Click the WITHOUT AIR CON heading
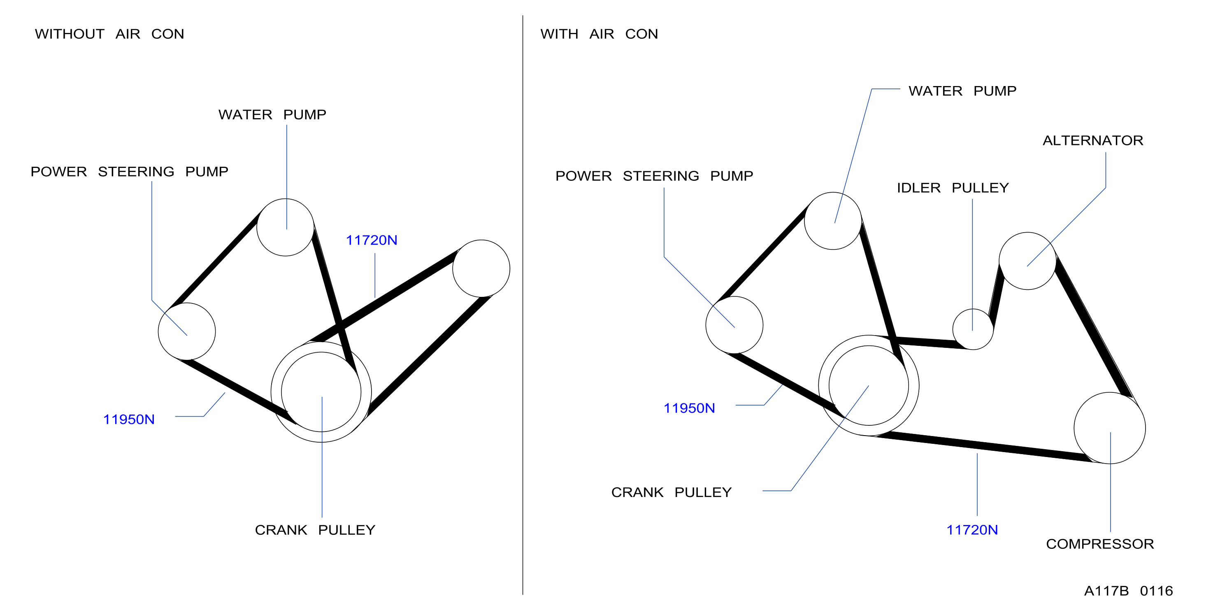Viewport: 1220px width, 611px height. pyautogui.click(x=109, y=34)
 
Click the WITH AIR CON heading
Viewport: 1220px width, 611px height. pyautogui.click(x=599, y=34)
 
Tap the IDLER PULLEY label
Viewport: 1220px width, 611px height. pyautogui.click(x=953, y=188)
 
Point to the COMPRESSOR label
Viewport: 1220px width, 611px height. pyautogui.click(x=1100, y=544)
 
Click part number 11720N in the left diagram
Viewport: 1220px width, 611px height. pyautogui.click(x=371, y=240)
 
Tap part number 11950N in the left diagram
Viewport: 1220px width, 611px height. pyautogui.click(x=129, y=420)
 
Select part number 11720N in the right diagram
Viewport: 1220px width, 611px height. pyautogui.click(x=972, y=530)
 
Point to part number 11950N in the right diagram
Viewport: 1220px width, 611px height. pyautogui.click(x=689, y=408)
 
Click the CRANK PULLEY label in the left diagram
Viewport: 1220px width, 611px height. pyautogui.click(x=315, y=530)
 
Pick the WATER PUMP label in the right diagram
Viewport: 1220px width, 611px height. pyautogui.click(x=962, y=91)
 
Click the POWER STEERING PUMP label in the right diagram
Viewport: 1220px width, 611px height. pyautogui.click(x=654, y=176)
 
